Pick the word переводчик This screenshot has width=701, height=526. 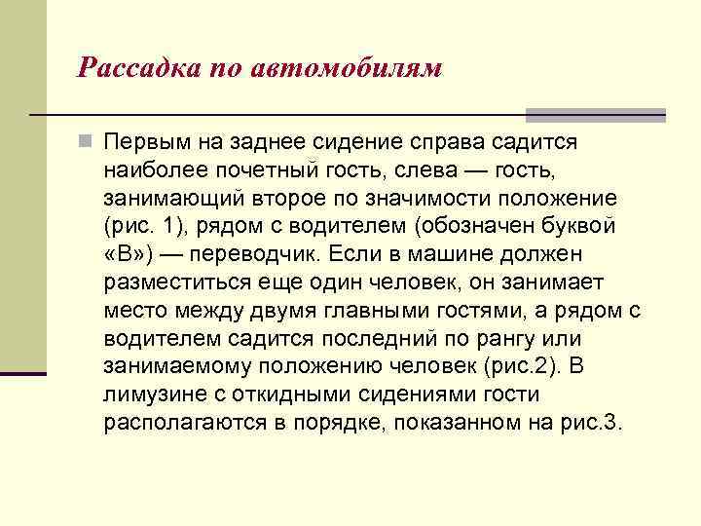[260, 255]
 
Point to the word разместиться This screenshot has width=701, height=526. [175, 283]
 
